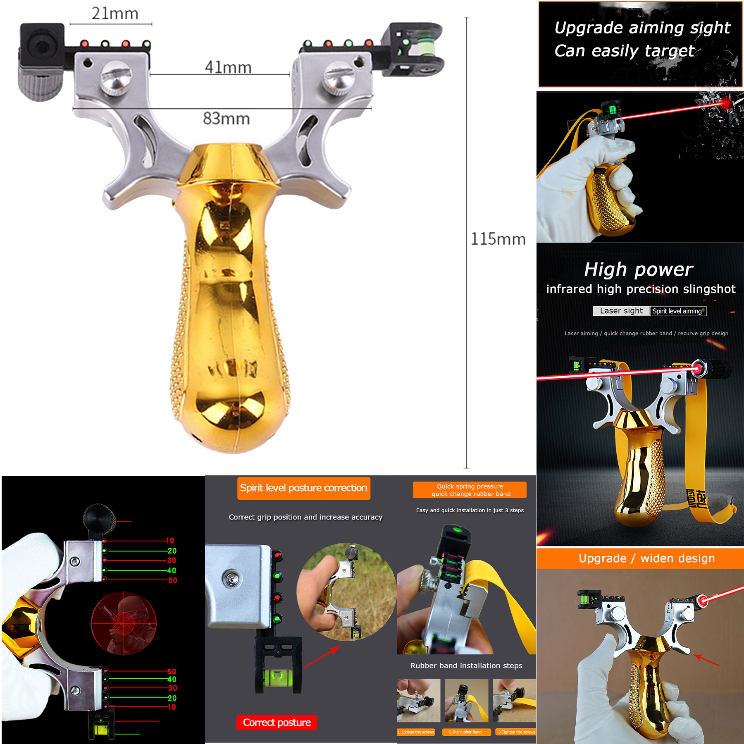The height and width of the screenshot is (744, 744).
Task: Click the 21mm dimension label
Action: (x=115, y=14)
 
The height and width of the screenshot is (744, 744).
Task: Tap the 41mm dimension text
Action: (x=228, y=67)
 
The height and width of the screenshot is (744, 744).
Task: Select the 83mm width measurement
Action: (x=227, y=119)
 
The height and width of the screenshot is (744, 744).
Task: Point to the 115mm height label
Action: (x=498, y=239)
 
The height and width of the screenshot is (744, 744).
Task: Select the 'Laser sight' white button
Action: (x=621, y=311)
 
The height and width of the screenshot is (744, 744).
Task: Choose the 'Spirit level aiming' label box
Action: (x=677, y=311)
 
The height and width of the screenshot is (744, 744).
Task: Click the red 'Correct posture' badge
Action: (x=277, y=723)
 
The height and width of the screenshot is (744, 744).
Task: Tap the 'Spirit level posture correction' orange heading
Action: (x=303, y=488)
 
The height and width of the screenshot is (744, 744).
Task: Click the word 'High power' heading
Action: (x=639, y=269)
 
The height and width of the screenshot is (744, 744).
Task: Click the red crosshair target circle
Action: (x=124, y=623)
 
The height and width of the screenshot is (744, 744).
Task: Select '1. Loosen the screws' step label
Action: (x=416, y=732)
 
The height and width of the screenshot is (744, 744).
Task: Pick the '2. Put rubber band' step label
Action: (x=465, y=732)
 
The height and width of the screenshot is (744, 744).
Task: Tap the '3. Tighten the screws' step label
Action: (x=516, y=732)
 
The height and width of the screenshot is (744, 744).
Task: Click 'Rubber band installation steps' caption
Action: (x=466, y=666)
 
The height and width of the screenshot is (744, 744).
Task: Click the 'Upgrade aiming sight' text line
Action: (x=642, y=28)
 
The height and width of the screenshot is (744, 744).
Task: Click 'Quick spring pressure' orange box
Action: (x=470, y=490)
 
